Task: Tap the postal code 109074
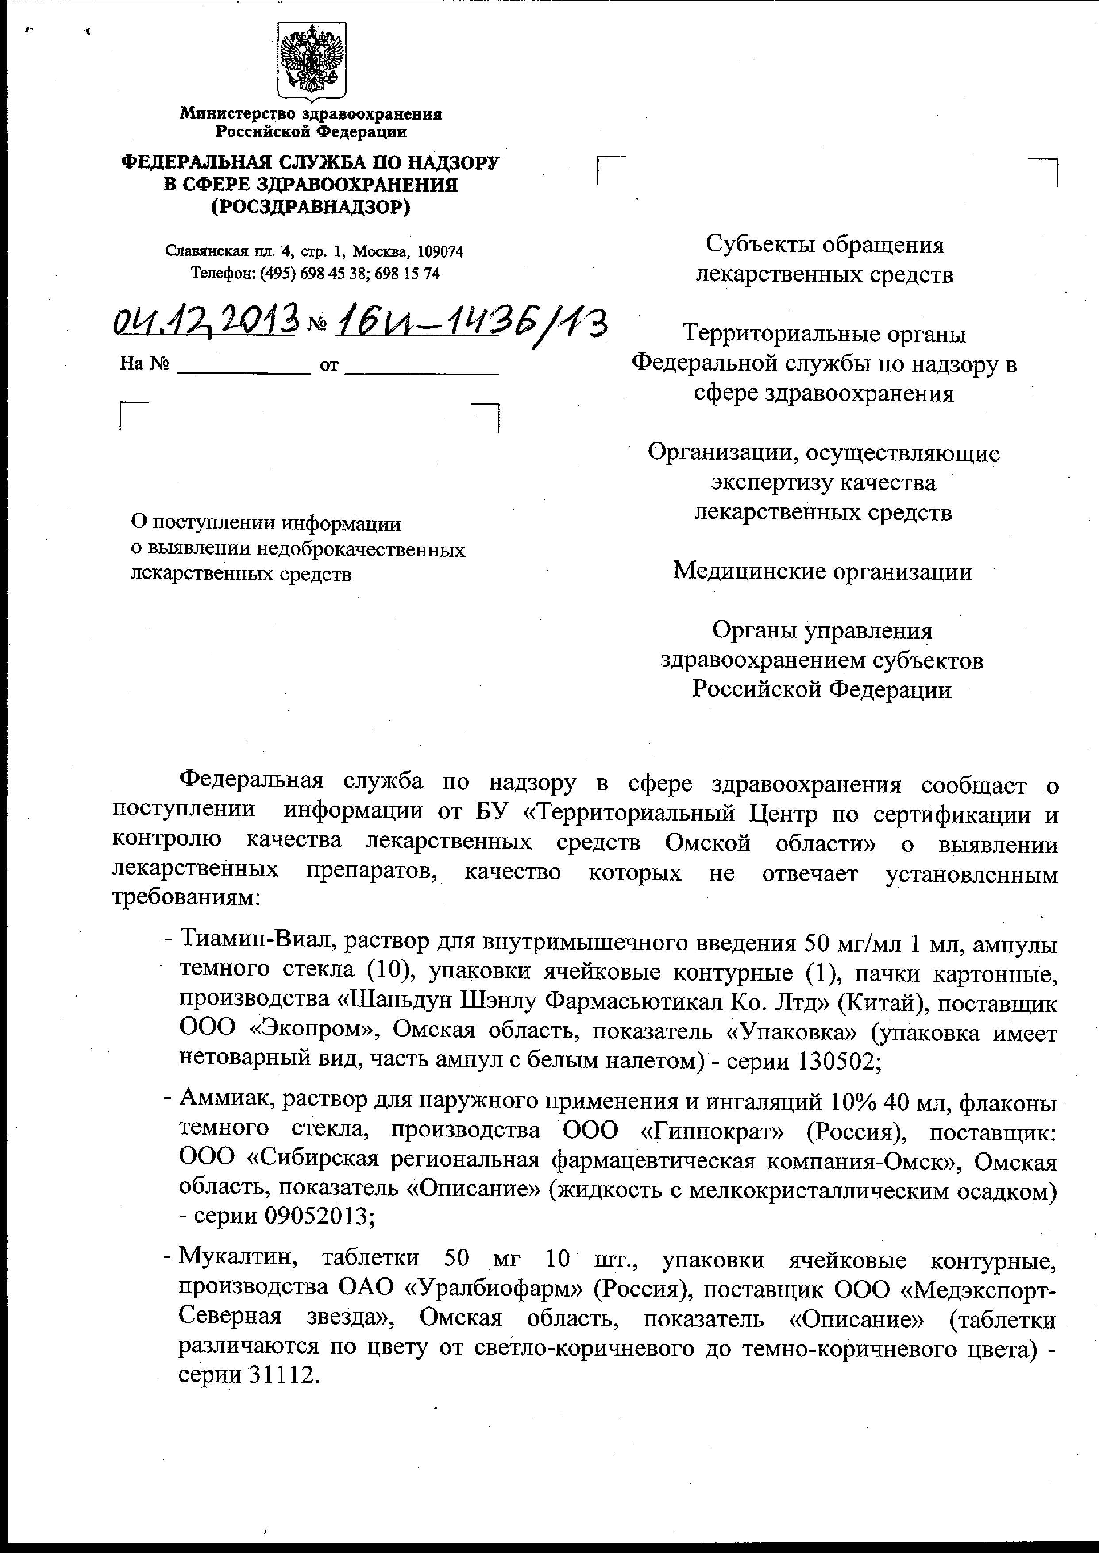pyautogui.click(x=440, y=252)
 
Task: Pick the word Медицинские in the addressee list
pyautogui.click(x=748, y=572)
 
